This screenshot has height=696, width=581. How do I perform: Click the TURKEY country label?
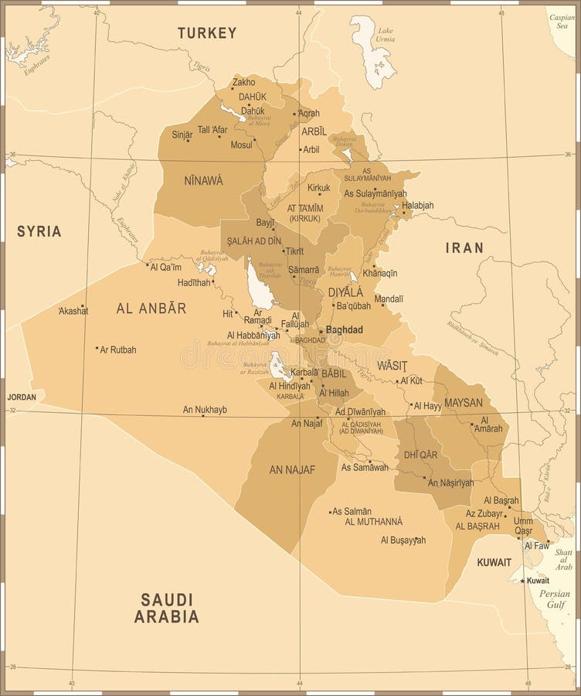click(207, 32)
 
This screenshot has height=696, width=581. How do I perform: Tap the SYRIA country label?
click(39, 231)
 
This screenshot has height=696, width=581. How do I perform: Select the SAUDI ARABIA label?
click(167, 608)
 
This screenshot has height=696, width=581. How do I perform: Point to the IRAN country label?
click(464, 247)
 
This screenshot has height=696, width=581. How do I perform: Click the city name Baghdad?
click(345, 329)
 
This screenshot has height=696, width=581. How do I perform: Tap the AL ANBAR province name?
click(151, 308)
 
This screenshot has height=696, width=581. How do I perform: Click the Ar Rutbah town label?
click(118, 350)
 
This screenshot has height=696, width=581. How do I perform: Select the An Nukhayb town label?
click(205, 410)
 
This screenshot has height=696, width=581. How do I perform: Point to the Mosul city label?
click(242, 145)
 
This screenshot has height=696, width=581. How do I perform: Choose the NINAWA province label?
click(203, 180)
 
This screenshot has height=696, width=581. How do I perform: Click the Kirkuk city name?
click(318, 188)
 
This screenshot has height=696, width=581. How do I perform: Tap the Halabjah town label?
click(418, 205)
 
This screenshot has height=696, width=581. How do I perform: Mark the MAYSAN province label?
click(464, 402)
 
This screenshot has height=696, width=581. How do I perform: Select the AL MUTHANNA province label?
click(374, 521)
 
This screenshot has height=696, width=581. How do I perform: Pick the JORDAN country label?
click(22, 397)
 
